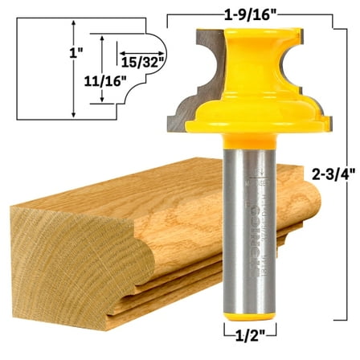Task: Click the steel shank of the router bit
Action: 251,225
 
